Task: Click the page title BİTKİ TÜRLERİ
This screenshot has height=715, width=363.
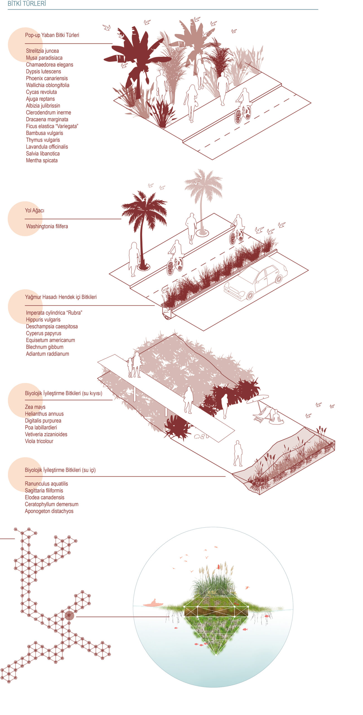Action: (27, 4)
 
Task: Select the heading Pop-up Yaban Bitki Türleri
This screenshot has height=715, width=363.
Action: (52, 35)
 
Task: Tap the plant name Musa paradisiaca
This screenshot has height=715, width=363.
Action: (44, 58)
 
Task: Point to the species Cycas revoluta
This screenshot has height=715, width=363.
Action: (41, 92)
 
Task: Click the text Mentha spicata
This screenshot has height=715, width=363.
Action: (42, 161)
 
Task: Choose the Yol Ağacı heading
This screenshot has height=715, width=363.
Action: (35, 211)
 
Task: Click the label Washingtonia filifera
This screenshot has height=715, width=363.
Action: (47, 227)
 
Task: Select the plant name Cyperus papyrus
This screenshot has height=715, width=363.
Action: (43, 333)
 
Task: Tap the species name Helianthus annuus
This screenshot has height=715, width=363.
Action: (44, 414)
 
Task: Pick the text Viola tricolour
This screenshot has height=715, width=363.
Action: (39, 441)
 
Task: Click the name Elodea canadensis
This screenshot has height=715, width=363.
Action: (45, 497)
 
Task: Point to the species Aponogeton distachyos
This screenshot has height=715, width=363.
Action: (49, 511)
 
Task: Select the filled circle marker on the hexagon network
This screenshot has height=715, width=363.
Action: (69, 616)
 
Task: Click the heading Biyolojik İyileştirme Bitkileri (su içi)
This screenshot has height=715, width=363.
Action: (60, 470)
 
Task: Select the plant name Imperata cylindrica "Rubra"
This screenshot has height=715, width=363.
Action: (54, 313)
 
